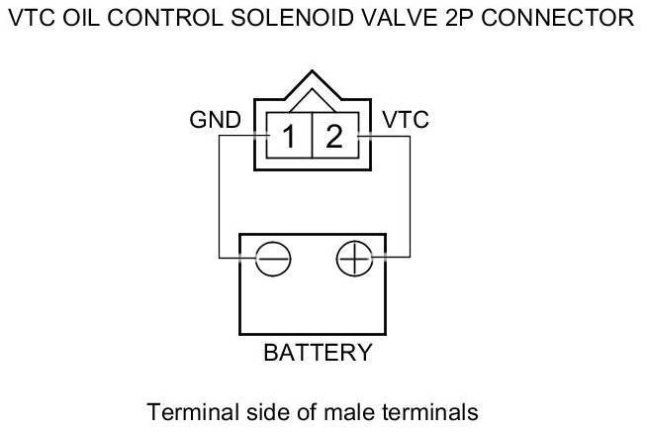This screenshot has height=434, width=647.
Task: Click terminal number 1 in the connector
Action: (288, 136)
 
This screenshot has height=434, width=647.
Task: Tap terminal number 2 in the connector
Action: (334, 136)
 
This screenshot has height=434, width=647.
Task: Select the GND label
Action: (215, 121)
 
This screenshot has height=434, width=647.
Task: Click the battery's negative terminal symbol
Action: (272, 260)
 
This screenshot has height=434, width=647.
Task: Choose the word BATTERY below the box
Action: (317, 352)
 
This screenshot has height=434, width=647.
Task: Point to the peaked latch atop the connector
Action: (312, 84)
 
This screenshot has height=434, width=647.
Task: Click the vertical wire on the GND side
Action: (219, 198)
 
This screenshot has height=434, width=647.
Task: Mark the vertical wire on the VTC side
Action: (410, 198)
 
